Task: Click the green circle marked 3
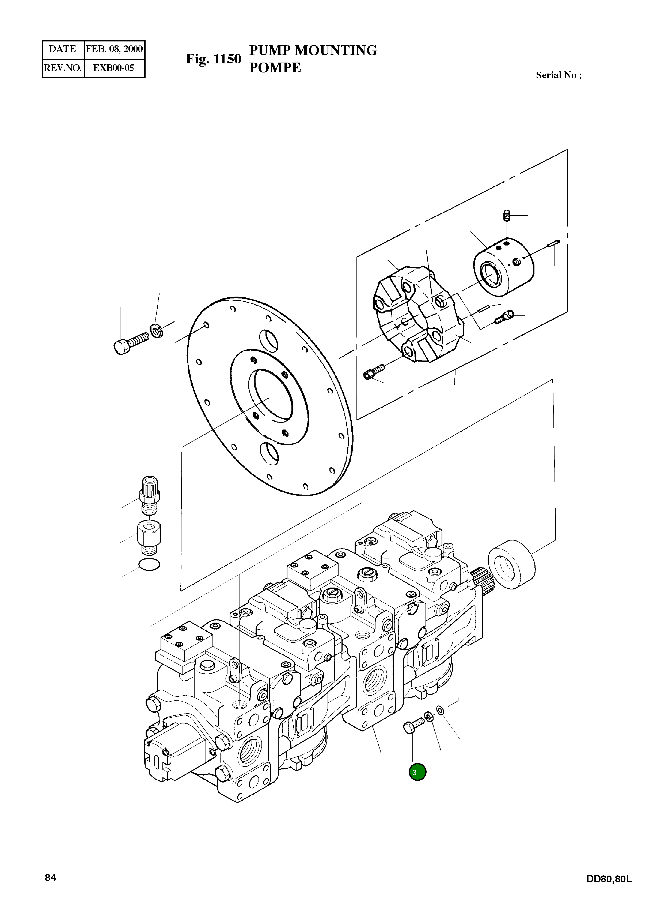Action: coord(417,772)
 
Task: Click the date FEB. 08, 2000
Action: coord(114,49)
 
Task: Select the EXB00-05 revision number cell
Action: coord(114,68)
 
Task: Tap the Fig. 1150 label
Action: coord(213,59)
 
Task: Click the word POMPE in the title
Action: coord(275,68)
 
